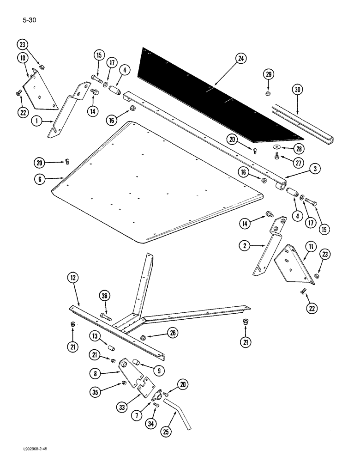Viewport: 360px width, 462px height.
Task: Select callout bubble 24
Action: point(240,58)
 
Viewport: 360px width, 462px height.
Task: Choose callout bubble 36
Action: point(104,297)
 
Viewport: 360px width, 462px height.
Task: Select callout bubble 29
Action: point(269,74)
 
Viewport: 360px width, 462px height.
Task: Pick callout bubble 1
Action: point(36,122)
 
